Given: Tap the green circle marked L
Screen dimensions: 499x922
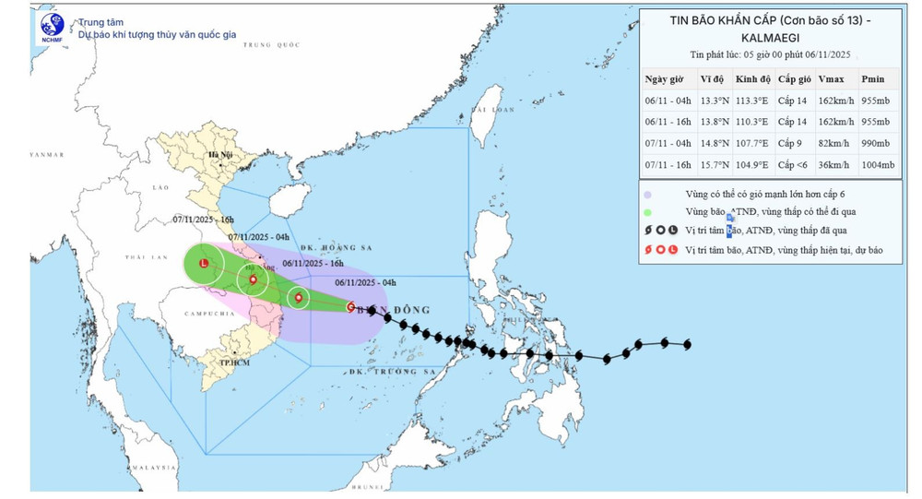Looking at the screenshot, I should (204, 263).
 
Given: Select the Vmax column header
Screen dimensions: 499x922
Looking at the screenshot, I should (831, 79).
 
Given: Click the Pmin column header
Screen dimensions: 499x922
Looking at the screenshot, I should (872, 79).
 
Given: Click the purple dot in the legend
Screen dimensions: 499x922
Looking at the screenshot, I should (650, 195).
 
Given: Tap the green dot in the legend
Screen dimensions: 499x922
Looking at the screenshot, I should (650, 212).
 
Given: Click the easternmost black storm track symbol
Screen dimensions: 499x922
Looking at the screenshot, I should (687, 345).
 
